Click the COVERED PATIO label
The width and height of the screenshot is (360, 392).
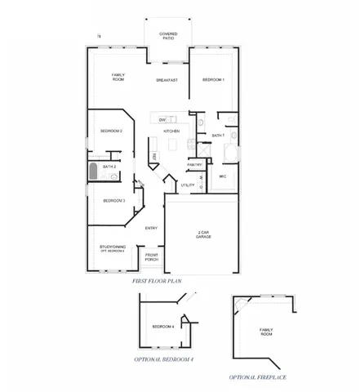[x=168, y=36]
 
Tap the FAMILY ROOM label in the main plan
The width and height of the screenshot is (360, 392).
[x=118, y=78]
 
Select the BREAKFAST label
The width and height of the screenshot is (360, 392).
[x=167, y=80]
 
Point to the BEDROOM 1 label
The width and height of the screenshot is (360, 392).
[x=212, y=79]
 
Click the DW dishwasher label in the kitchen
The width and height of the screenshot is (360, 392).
[x=163, y=120]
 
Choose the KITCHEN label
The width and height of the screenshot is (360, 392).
[x=171, y=131]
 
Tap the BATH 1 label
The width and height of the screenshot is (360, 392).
[x=218, y=135]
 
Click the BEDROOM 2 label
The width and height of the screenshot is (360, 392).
[x=112, y=131]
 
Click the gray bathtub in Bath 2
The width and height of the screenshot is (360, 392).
[x=93, y=171]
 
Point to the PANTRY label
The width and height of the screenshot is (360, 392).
[x=194, y=165]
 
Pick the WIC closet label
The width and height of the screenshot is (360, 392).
[x=222, y=176]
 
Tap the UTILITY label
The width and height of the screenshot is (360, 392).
[x=188, y=185]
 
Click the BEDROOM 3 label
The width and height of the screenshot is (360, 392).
[x=113, y=200]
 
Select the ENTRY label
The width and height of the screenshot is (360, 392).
[x=151, y=228]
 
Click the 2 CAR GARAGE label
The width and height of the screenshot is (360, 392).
[x=204, y=234]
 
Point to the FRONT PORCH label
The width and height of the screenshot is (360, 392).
[x=152, y=257]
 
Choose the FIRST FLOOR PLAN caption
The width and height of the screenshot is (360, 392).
[x=156, y=281]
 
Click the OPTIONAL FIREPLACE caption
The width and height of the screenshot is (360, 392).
[x=257, y=377]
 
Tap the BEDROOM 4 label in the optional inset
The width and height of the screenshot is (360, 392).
[x=163, y=327]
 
